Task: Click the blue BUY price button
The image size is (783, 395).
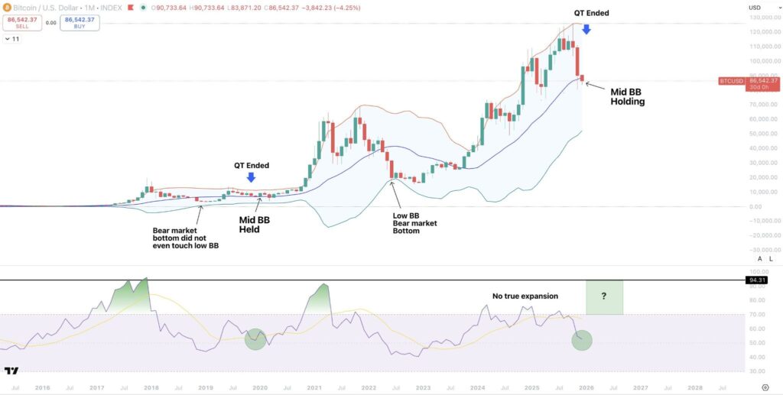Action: point(80,22)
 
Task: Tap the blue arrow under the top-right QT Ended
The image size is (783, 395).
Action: point(586,29)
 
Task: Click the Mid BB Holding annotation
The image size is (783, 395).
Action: point(627,96)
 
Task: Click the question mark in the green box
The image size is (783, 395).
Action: point(604,296)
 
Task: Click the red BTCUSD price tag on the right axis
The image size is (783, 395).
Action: point(738,80)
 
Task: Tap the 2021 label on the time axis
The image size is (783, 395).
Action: point(314,388)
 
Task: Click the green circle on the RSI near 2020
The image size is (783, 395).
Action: point(256,339)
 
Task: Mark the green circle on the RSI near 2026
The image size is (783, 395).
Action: point(582,338)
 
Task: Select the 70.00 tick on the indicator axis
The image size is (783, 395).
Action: point(759,314)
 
